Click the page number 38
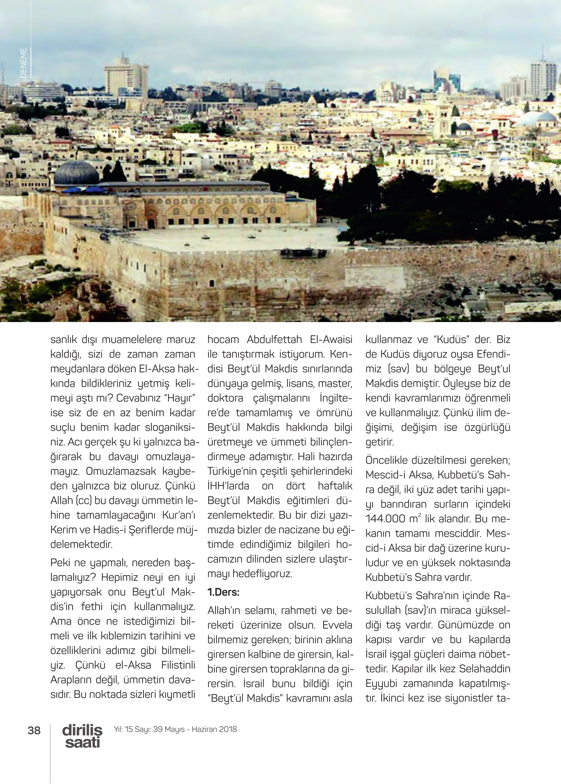[x=34, y=730]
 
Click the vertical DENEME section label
[x=23, y=63]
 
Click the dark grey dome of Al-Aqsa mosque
[x=76, y=173]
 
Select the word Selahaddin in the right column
[x=485, y=669]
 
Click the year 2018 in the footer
[x=228, y=729]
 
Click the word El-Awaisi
[x=331, y=339]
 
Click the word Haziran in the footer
[x=205, y=729]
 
